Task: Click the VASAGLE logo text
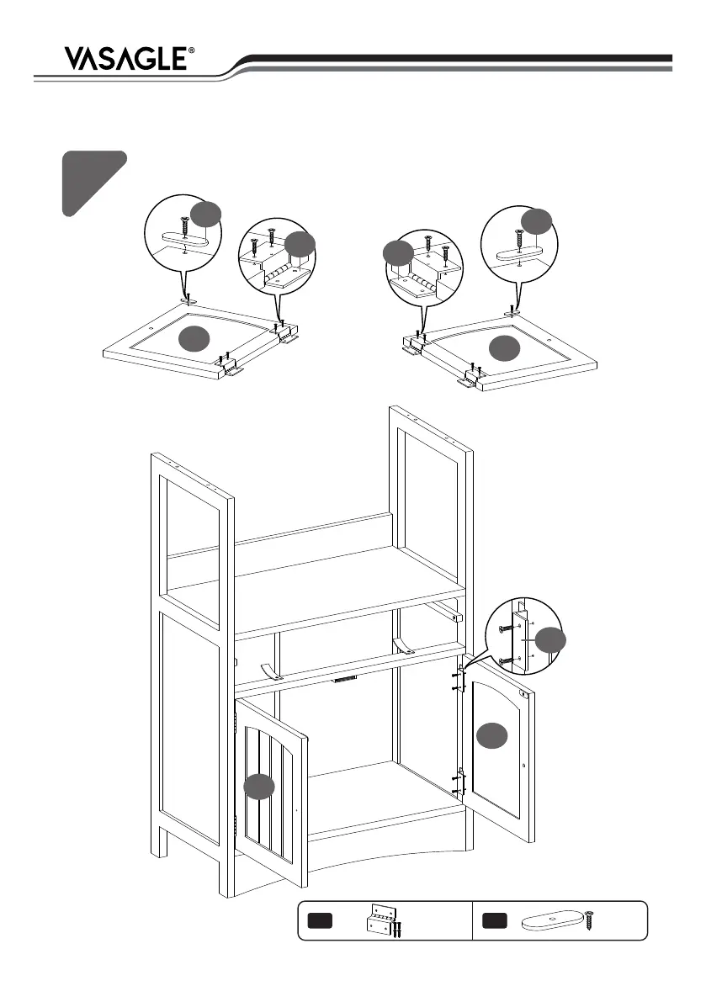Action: click(125, 58)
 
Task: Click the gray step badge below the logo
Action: click(92, 181)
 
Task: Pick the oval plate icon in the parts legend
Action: click(552, 922)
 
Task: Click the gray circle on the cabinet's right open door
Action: click(492, 734)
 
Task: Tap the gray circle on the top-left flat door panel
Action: click(195, 337)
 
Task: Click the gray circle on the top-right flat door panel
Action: click(506, 347)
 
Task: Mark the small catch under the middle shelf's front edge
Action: click(346, 678)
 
